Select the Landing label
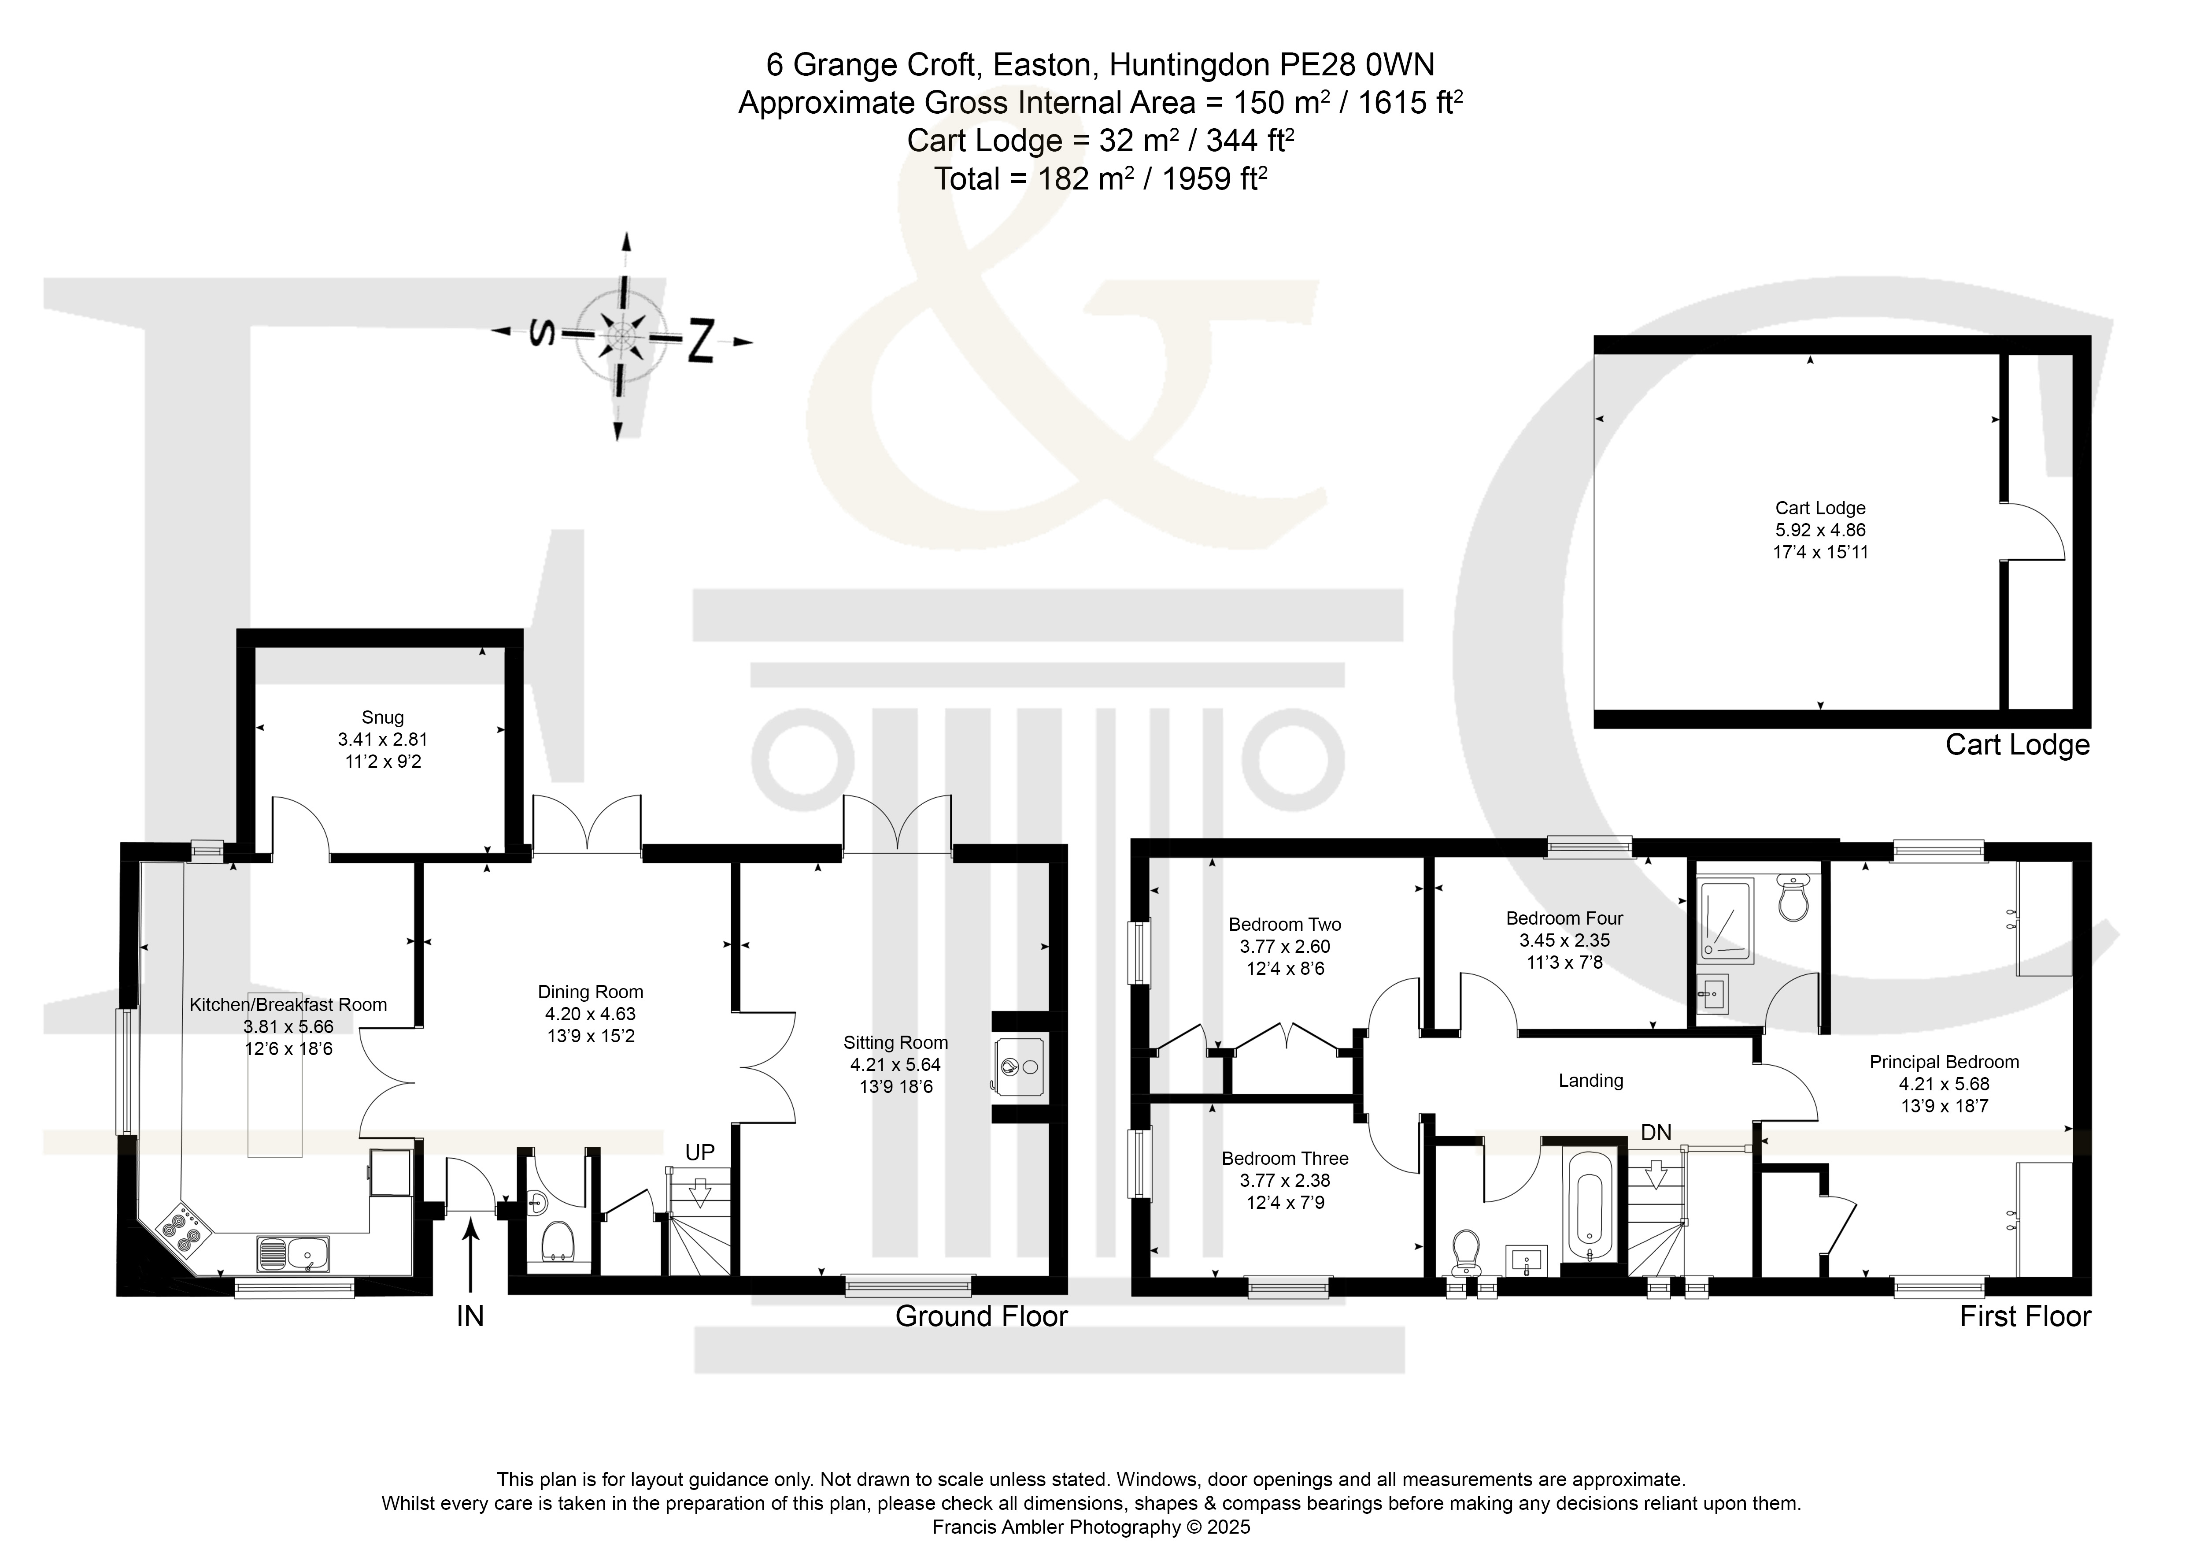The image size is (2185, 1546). coord(1590,1081)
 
